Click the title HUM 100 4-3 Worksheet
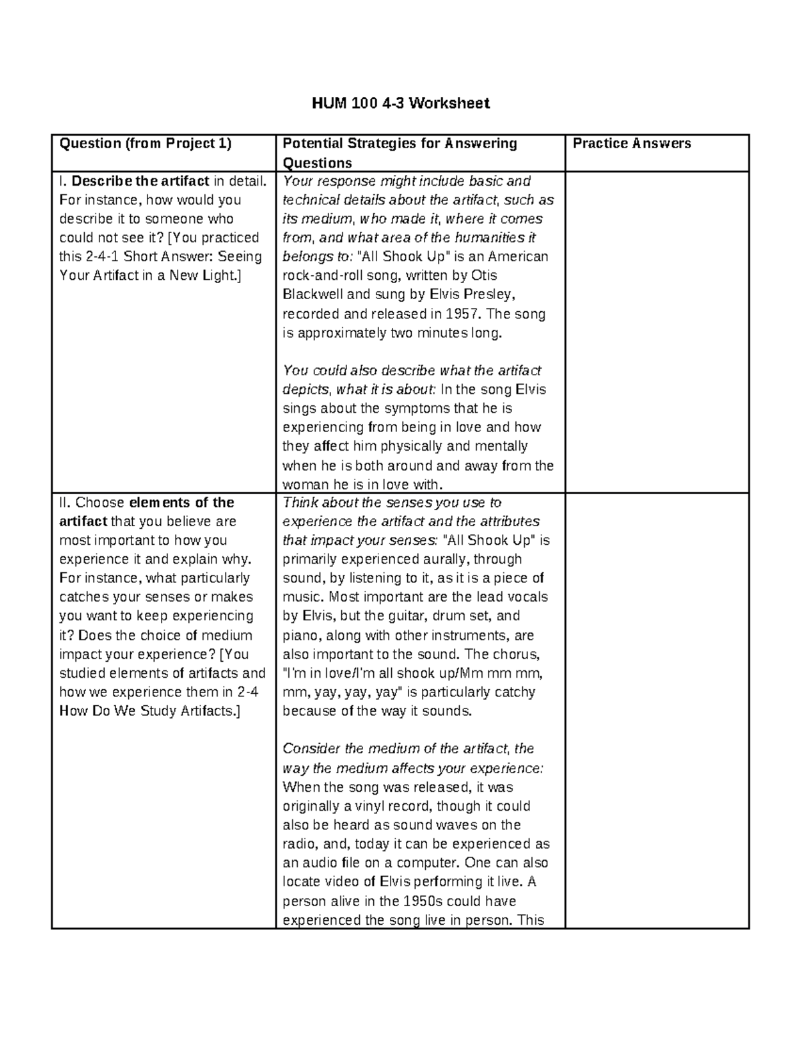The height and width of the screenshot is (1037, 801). coord(400,103)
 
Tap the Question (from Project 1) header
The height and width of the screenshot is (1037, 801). coord(145,144)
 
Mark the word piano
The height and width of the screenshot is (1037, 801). coord(300,635)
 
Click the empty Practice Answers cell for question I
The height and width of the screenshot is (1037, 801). coord(657,332)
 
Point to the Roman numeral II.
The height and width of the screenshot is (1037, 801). coord(65,503)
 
